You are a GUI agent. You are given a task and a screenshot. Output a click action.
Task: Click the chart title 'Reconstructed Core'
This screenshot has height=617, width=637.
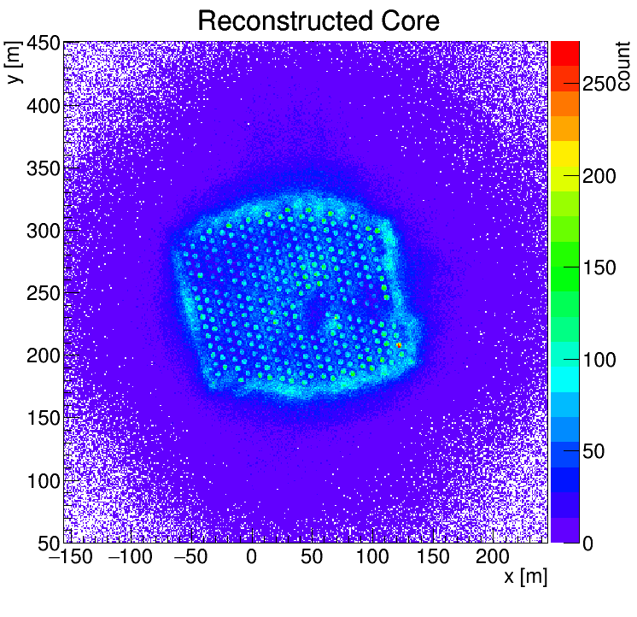click(x=318, y=21)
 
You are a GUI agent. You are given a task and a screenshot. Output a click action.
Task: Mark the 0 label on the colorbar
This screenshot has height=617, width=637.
click(x=589, y=543)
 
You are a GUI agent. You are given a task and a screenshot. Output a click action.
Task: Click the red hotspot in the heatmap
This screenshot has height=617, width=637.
click(x=399, y=344)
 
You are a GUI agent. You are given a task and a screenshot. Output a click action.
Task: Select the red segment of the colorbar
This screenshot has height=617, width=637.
click(x=564, y=54)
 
